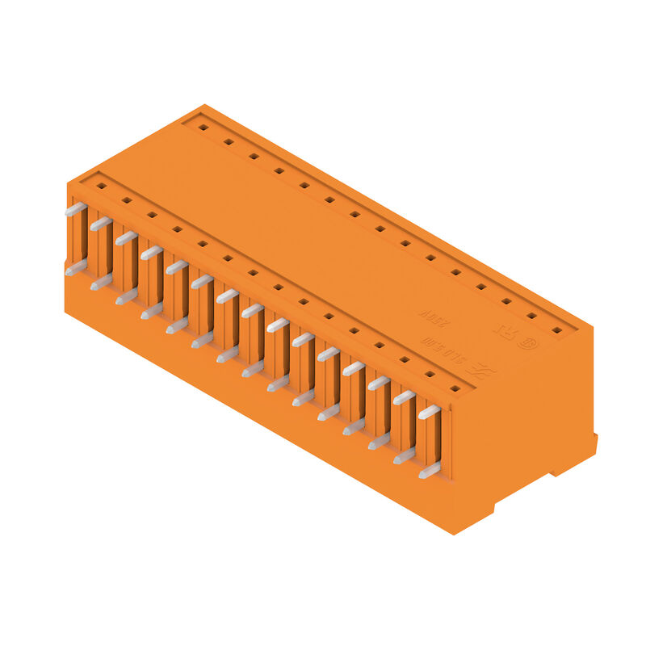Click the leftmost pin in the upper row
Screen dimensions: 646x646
click(x=75, y=209)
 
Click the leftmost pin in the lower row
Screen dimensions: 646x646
click(x=75, y=267)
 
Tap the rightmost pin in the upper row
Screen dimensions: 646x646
click(x=429, y=412)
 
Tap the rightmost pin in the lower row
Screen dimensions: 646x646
click(x=430, y=470)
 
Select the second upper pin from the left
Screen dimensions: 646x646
click(x=100, y=224)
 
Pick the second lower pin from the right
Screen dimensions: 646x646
click(x=404, y=456)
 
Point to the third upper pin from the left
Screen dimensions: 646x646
click(x=125, y=238)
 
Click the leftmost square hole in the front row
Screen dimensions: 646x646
click(x=101, y=186)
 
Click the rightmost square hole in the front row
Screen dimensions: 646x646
click(x=455, y=388)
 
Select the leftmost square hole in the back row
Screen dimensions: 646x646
click(x=203, y=127)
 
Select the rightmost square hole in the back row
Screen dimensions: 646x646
click(x=556, y=329)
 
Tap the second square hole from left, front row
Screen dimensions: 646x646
click(x=126, y=200)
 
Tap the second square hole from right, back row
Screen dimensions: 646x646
click(x=531, y=316)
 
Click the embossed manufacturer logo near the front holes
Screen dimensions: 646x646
click(x=480, y=370)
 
